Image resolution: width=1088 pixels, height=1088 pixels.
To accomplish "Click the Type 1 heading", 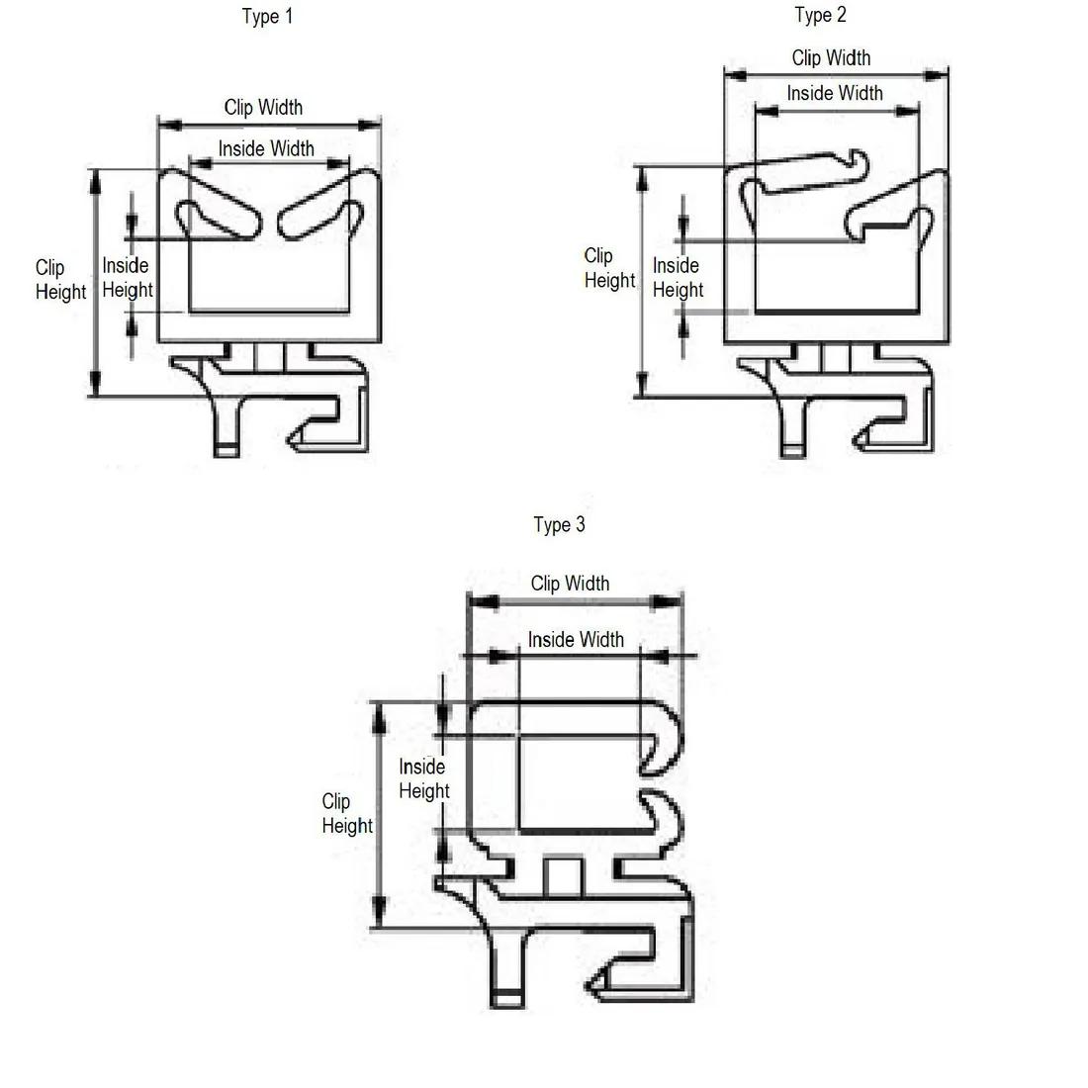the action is [x=267, y=17].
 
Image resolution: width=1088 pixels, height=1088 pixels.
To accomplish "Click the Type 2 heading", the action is [x=820, y=15].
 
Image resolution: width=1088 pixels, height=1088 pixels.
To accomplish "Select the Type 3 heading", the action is [x=559, y=524].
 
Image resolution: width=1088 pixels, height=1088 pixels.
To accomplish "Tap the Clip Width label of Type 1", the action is [x=263, y=108].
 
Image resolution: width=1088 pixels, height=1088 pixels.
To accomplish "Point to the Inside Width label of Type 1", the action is [x=266, y=148].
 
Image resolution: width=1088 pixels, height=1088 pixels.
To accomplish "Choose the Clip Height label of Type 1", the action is [x=60, y=280].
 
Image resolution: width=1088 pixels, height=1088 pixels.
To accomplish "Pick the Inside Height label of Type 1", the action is [x=127, y=278].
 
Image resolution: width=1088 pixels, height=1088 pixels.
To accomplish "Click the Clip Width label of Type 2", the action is [x=831, y=57].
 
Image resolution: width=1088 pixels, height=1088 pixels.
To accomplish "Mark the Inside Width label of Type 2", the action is [x=835, y=93].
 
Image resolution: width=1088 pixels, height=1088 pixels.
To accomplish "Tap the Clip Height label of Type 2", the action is [x=609, y=268].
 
